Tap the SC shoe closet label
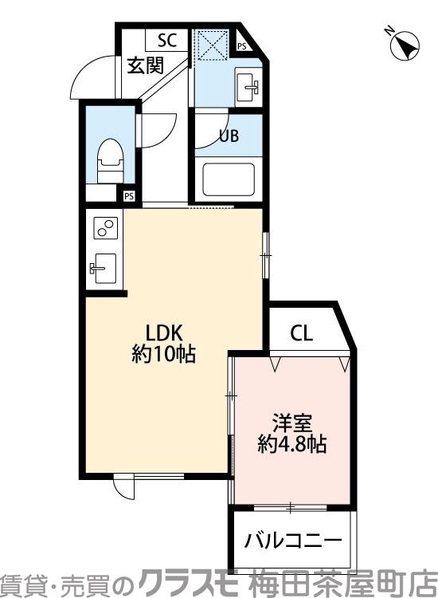166,40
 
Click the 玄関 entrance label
147,65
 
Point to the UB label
229,136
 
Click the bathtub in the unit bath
229,179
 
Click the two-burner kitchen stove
105,227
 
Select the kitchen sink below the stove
104,267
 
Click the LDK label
164,332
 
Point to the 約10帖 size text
164,354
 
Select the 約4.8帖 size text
291,444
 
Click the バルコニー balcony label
293,540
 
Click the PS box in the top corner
241,47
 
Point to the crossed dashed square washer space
211,45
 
